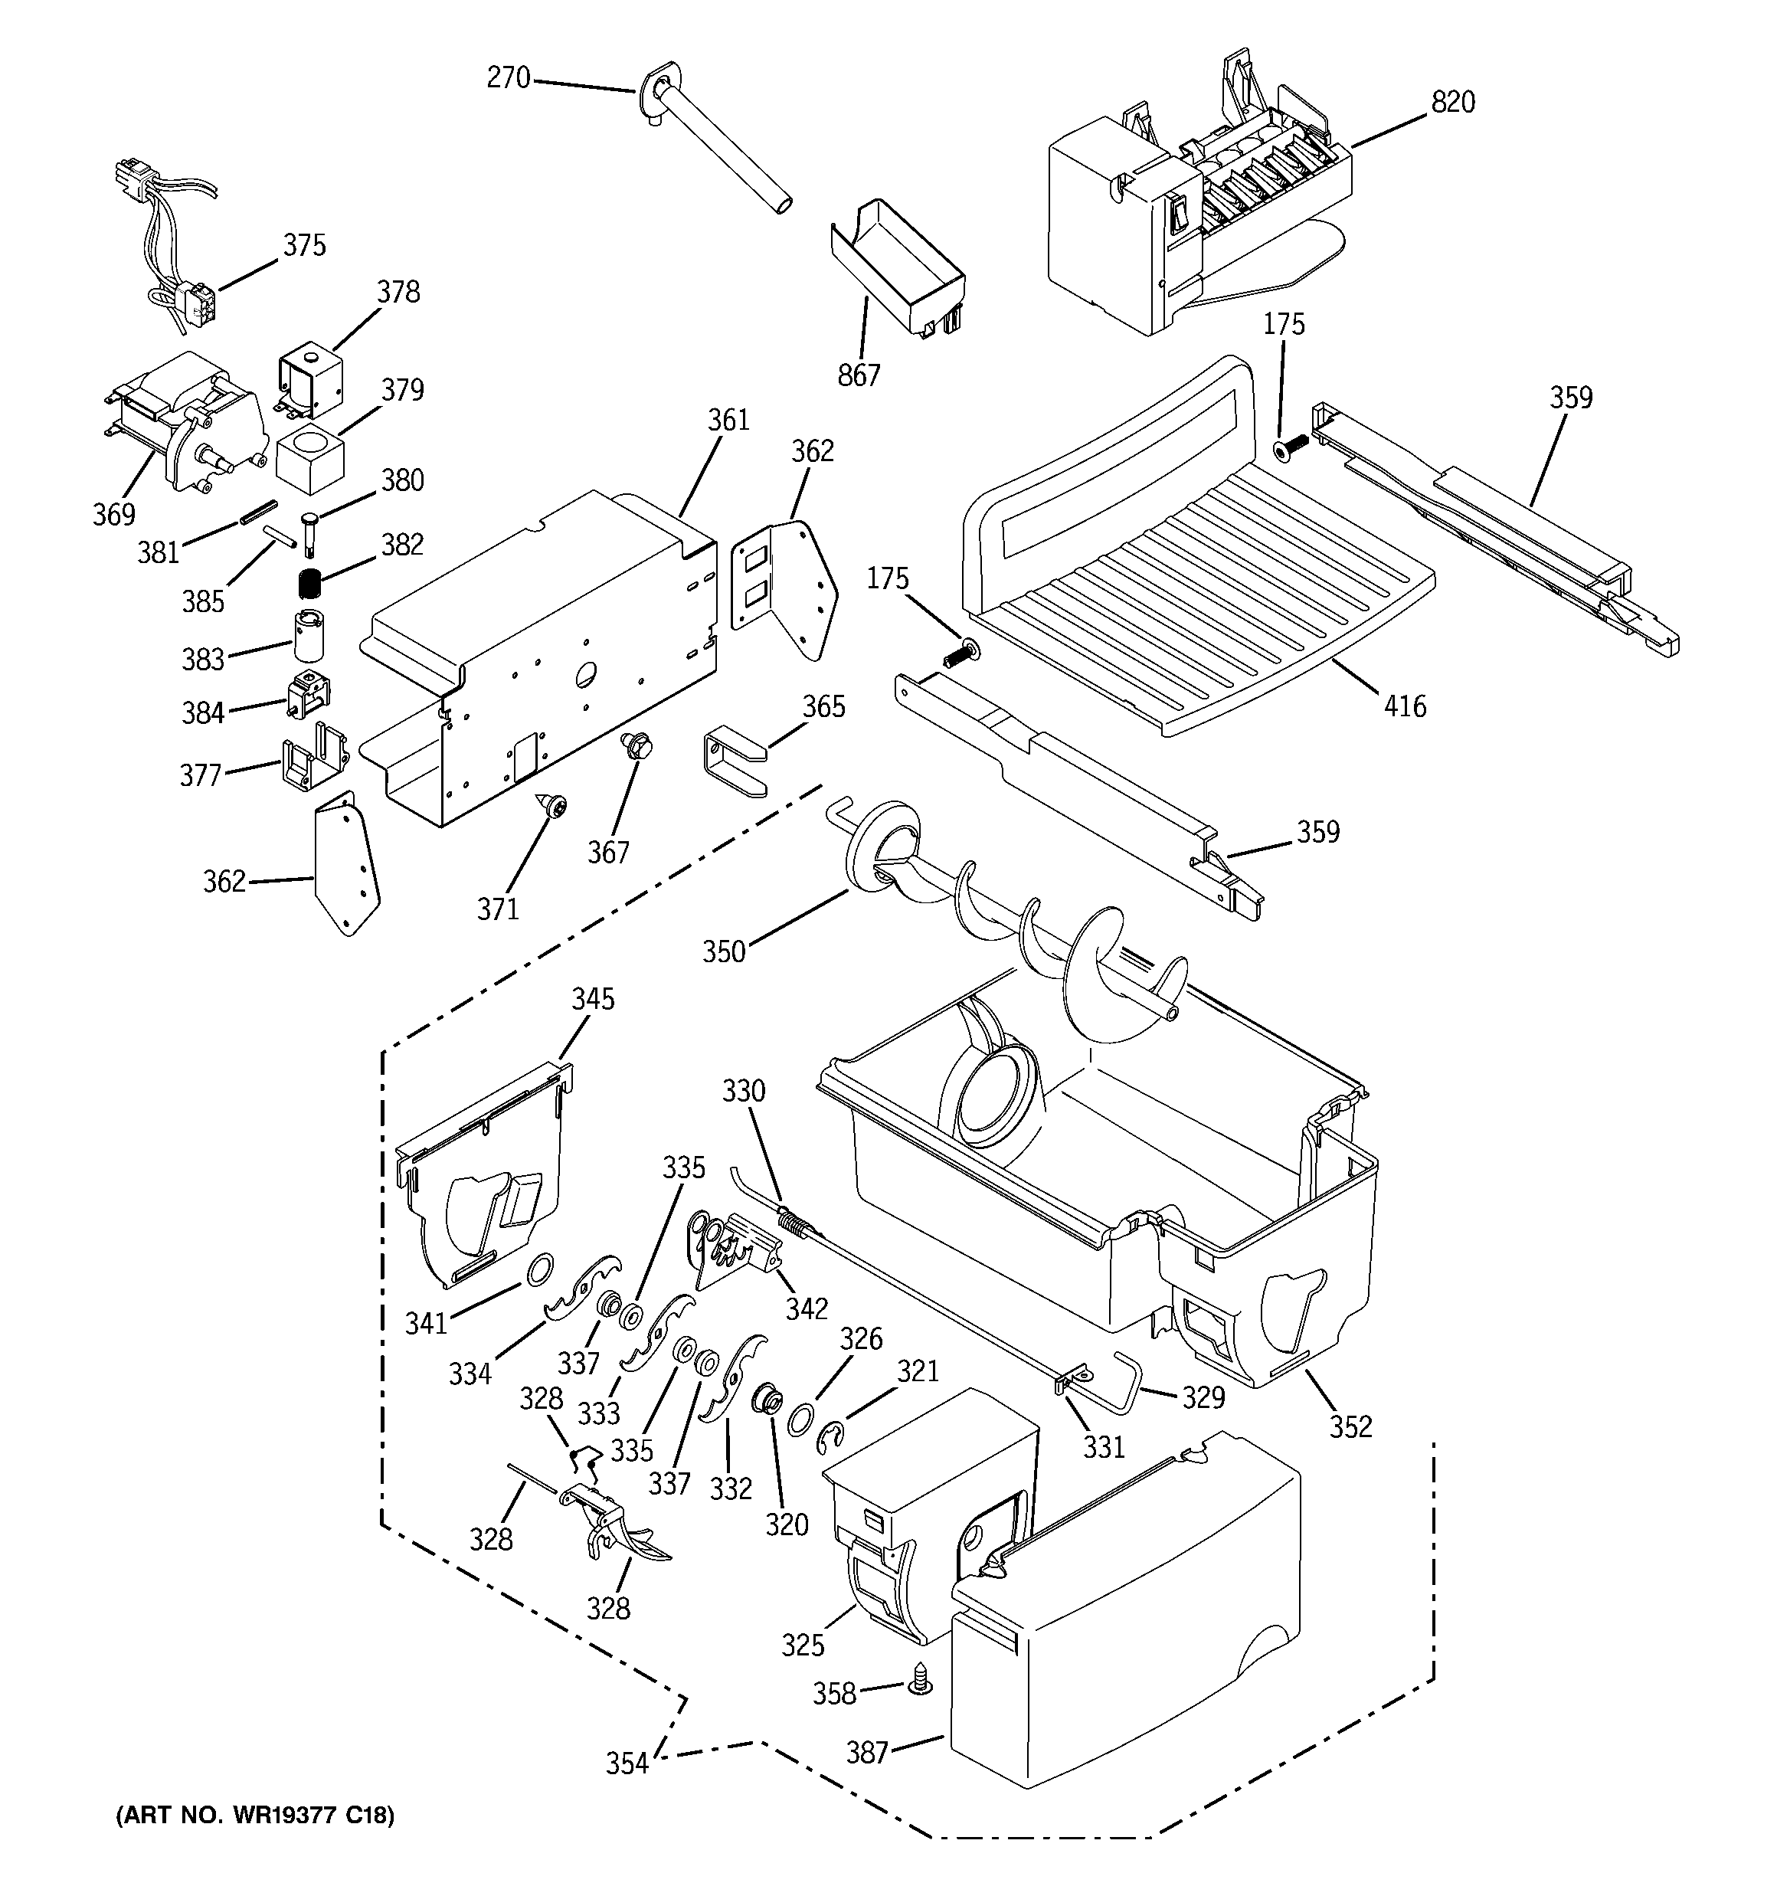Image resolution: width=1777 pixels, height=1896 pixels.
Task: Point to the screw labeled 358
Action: click(921, 1704)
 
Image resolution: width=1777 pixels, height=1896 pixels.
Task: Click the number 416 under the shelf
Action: click(1404, 707)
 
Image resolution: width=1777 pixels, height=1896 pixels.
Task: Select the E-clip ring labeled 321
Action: click(832, 1436)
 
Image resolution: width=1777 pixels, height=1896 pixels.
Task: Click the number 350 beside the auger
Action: click(723, 951)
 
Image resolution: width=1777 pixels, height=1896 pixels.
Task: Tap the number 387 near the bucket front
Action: click(866, 1752)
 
